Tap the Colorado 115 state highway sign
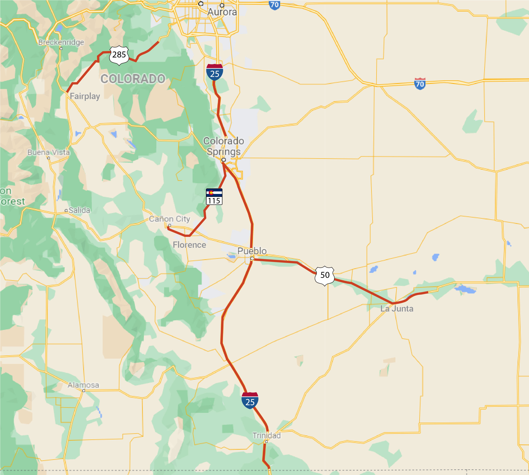[214, 197]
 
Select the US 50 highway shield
[325, 276]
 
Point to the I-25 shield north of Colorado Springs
[215, 72]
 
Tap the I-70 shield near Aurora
[274, 5]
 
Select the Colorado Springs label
[224, 146]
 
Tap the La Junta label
[397, 309]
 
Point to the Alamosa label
[83, 385]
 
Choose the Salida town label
[79, 210]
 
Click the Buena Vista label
[49, 152]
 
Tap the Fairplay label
[85, 96]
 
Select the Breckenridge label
[61, 42]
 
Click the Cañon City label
[169, 219]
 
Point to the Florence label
[189, 245]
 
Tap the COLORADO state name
[133, 79]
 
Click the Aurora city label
[222, 12]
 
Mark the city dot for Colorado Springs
[224, 160]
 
